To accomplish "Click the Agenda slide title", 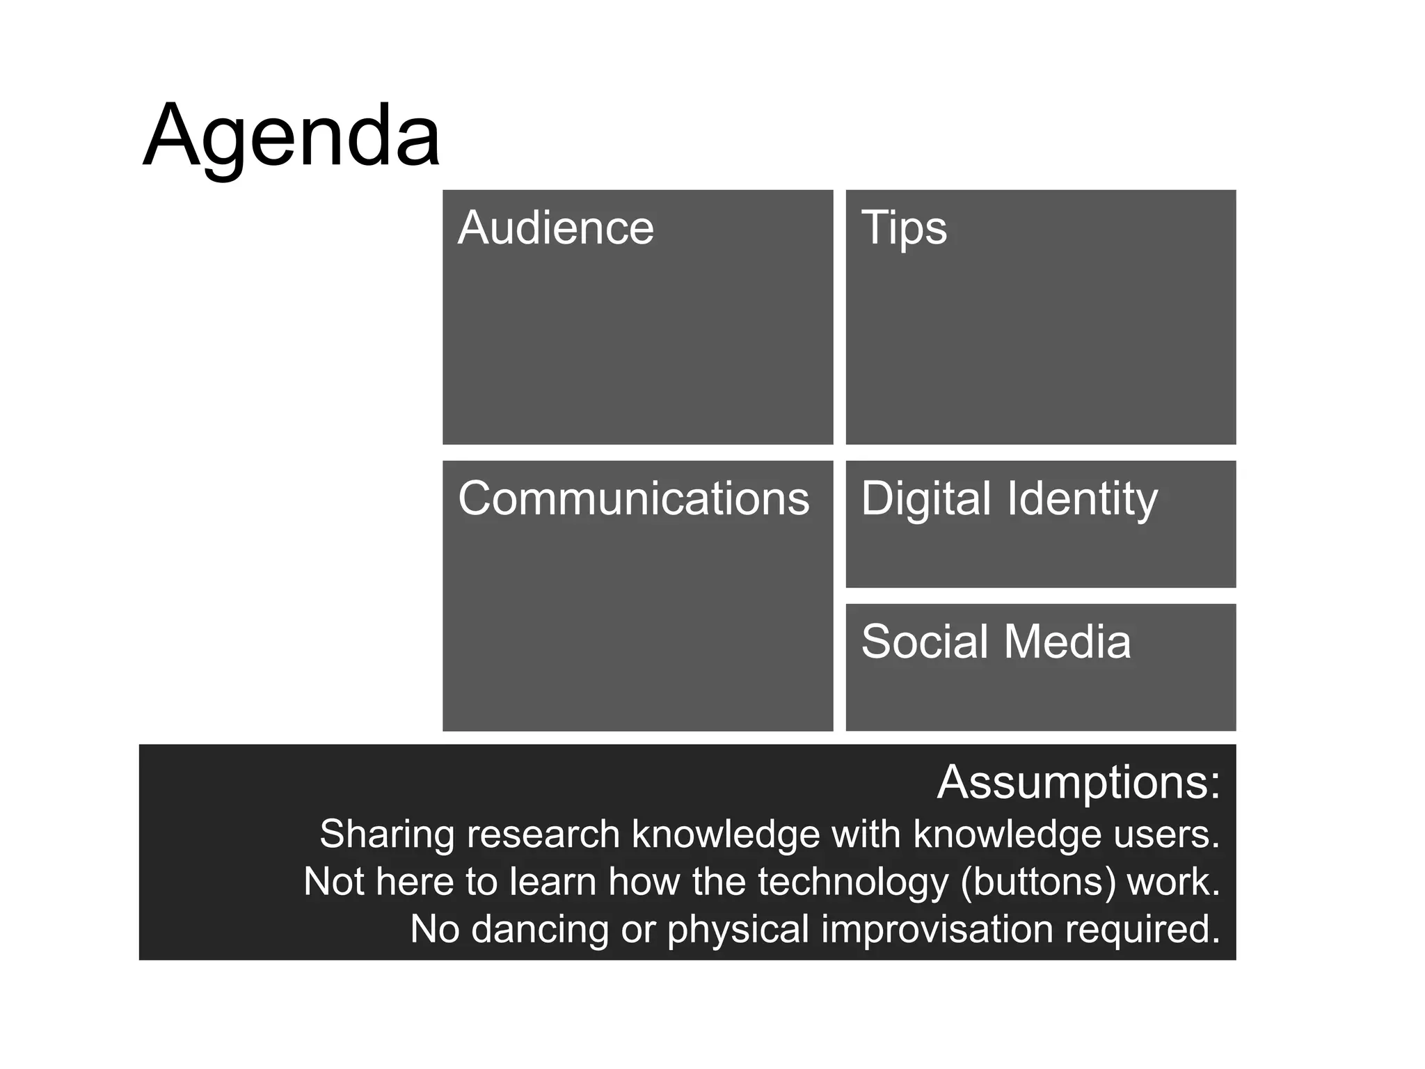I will tap(291, 136).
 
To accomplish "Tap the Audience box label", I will tap(555, 228).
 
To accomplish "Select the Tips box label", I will tap(903, 228).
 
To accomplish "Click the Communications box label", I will tap(633, 498).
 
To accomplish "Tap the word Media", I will tap(1067, 641).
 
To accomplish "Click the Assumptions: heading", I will tap(1078, 782).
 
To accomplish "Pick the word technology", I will tap(853, 882).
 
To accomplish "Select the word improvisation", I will tap(937, 929).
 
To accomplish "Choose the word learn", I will tap(552, 881).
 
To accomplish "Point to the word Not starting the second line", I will tap(334, 881).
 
